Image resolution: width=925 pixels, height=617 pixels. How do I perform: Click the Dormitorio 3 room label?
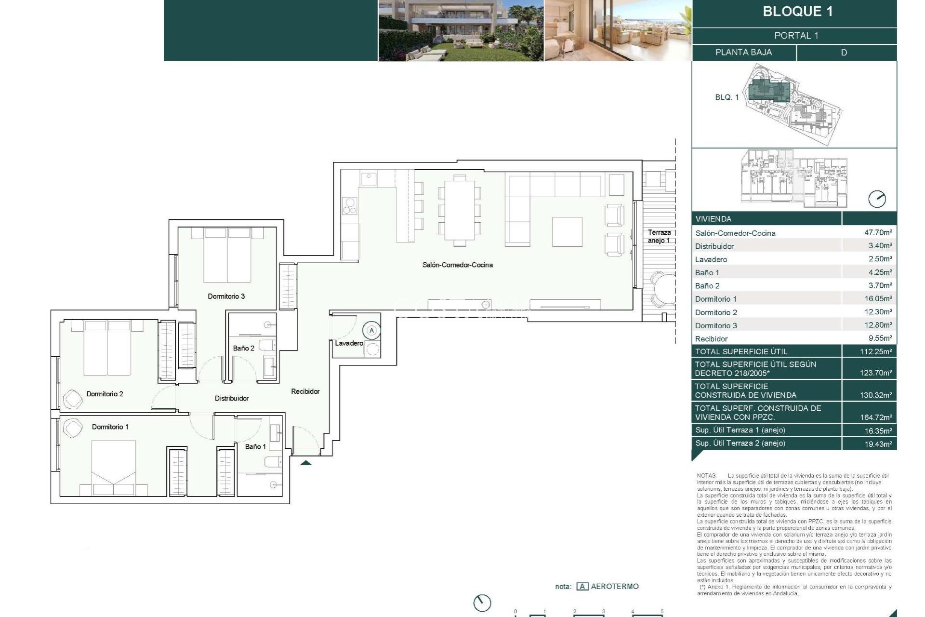[226, 296]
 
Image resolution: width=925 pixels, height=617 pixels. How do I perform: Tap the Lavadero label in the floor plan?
[349, 343]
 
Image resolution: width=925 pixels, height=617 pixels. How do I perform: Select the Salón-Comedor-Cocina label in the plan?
[457, 265]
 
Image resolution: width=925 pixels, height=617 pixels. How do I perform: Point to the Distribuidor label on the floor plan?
[231, 398]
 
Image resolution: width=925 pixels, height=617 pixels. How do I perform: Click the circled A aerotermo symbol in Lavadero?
[371, 331]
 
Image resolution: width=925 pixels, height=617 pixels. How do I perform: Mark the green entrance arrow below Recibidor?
[306, 463]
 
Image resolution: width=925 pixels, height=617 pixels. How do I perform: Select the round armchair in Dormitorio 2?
[73, 398]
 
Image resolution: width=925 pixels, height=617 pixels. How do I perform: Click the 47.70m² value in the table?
[878, 232]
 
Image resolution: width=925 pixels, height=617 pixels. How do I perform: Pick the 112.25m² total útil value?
[875, 351]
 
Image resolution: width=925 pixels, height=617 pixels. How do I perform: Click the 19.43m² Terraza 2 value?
[878, 443]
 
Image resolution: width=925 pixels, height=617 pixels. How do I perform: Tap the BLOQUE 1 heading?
[797, 12]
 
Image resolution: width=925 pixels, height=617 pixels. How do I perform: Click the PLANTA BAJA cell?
[743, 52]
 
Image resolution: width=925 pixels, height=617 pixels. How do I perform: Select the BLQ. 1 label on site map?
[727, 97]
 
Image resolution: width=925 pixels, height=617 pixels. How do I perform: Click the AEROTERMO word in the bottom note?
[614, 587]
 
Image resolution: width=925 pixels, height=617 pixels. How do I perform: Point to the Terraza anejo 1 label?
[659, 236]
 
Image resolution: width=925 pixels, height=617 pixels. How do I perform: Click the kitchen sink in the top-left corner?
[369, 179]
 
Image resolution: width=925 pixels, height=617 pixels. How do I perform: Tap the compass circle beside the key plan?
[876, 199]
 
